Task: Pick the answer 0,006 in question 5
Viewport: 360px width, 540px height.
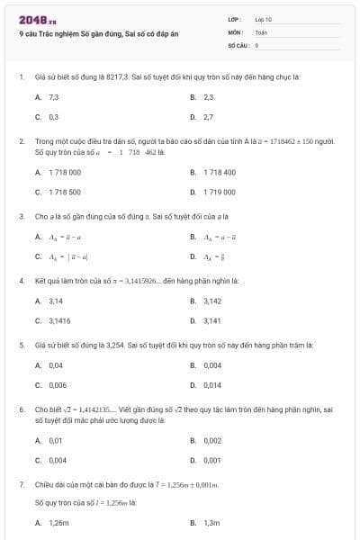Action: point(57,385)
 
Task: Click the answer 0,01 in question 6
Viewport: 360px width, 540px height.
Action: point(56,440)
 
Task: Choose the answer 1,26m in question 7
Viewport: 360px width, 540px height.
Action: point(58,522)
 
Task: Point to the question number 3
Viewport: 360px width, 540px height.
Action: point(21,216)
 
